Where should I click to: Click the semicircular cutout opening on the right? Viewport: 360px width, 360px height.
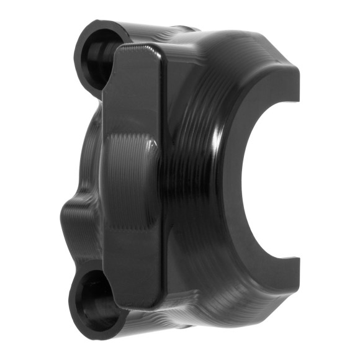(273, 180)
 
